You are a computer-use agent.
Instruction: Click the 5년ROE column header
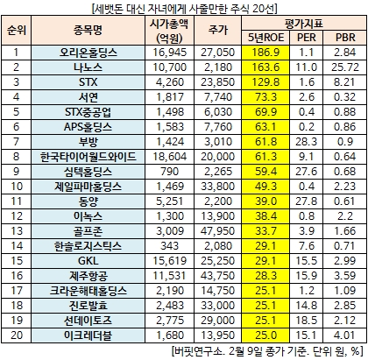tap(265, 38)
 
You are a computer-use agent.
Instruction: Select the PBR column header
tap(345, 38)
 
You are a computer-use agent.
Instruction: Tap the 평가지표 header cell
tap(304, 24)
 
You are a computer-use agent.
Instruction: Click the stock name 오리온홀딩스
tap(88, 53)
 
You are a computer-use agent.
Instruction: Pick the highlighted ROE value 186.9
tap(265, 53)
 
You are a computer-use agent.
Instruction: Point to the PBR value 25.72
tap(345, 67)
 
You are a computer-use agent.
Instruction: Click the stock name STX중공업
tap(88, 112)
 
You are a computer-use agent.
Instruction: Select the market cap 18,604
tap(170, 157)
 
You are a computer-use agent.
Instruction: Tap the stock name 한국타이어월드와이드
tap(88, 157)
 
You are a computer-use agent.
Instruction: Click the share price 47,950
tap(217, 231)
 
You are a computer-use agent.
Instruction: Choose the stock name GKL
tap(88, 261)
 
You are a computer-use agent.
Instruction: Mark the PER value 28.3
tap(306, 142)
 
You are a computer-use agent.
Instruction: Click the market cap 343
tap(170, 246)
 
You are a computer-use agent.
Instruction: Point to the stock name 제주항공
tap(88, 276)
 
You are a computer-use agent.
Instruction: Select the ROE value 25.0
tap(265, 335)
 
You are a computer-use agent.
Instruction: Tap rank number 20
tap(17, 335)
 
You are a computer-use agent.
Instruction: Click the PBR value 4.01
tap(345, 335)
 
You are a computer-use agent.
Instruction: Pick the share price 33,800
tap(217, 187)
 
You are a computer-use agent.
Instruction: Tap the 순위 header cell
tap(17, 30)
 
